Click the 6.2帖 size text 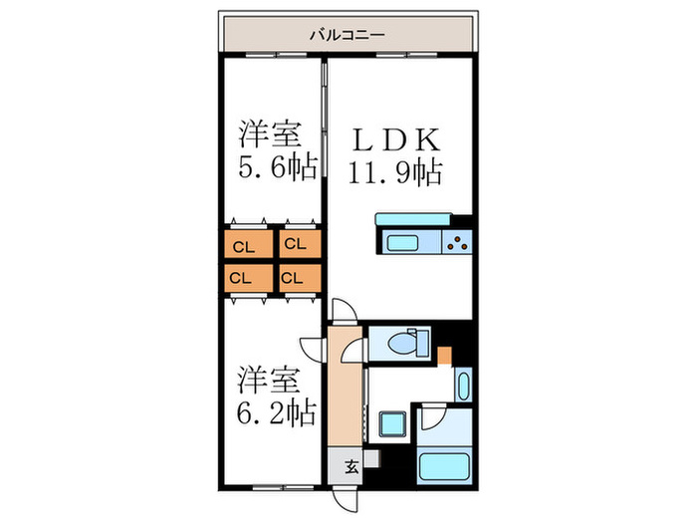(x=277, y=408)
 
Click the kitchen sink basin (x=403, y=242)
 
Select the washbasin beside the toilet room (x=463, y=385)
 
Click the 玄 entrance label (x=350, y=465)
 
